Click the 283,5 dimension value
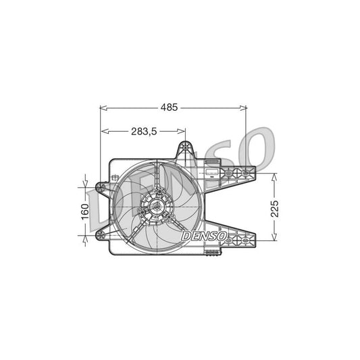click(x=143, y=132)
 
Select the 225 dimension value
click(x=274, y=206)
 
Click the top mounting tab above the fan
click(x=186, y=151)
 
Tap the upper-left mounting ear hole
click(x=101, y=187)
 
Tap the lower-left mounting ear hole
click(x=101, y=234)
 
